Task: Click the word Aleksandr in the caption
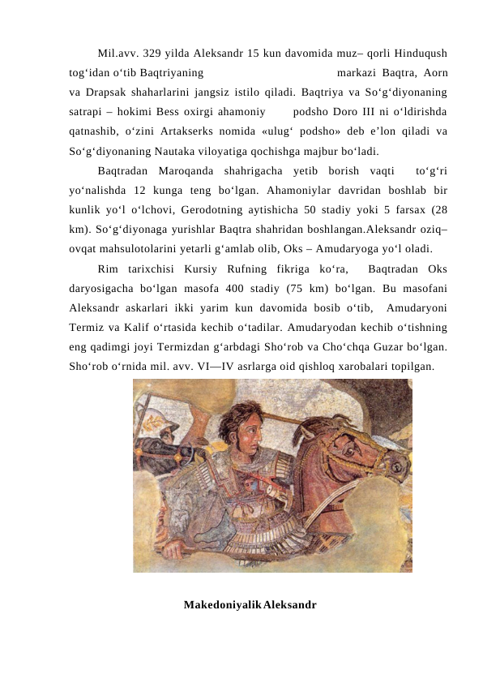(289, 606)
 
